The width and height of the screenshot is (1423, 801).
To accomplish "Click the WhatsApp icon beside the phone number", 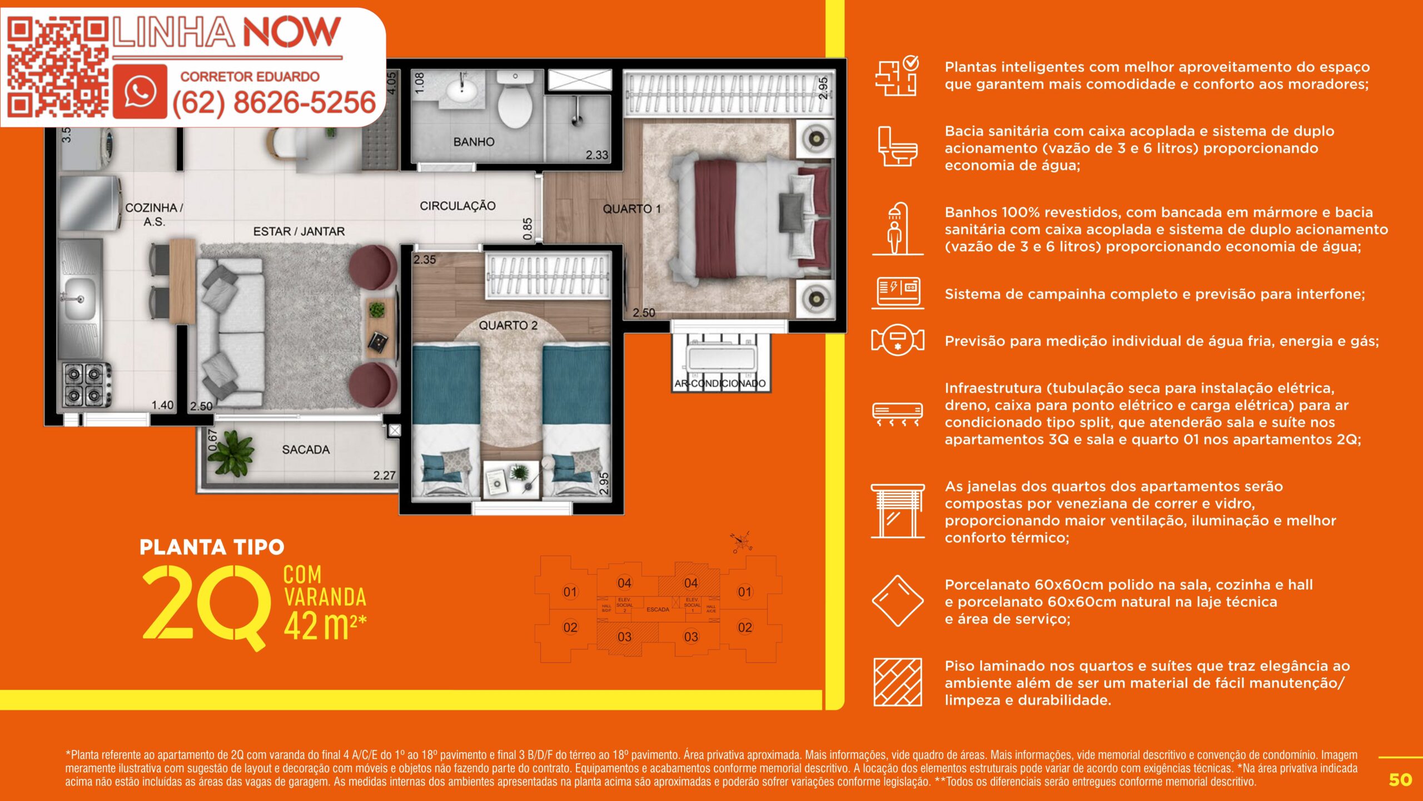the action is pyautogui.click(x=140, y=91).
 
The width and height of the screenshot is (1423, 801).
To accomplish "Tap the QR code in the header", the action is pyautogui.click(x=58, y=67).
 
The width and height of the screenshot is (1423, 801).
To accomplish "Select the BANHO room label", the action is pyautogui.click(x=474, y=142).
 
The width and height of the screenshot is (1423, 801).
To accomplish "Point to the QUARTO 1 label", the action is pyautogui.click(x=632, y=209).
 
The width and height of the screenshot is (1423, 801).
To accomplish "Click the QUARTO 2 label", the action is pyautogui.click(x=508, y=325).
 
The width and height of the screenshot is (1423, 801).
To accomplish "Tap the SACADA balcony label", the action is pyautogui.click(x=306, y=449).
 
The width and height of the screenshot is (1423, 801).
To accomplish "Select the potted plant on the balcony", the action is pyautogui.click(x=230, y=453).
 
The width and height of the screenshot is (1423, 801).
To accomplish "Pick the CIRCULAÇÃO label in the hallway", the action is pyautogui.click(x=457, y=206).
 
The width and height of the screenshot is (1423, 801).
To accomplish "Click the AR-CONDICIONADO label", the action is pyautogui.click(x=720, y=383).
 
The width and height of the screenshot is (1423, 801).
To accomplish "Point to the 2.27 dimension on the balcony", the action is pyautogui.click(x=384, y=476).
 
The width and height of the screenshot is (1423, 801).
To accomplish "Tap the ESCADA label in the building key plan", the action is pyautogui.click(x=658, y=610).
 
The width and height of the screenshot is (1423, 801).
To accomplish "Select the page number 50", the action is pyautogui.click(x=1400, y=780).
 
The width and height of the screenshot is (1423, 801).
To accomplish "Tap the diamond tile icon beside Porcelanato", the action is pyautogui.click(x=897, y=601).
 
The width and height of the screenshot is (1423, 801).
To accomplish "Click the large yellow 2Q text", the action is pyautogui.click(x=205, y=606).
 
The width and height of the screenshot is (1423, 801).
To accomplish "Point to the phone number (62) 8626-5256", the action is pyautogui.click(x=274, y=103).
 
